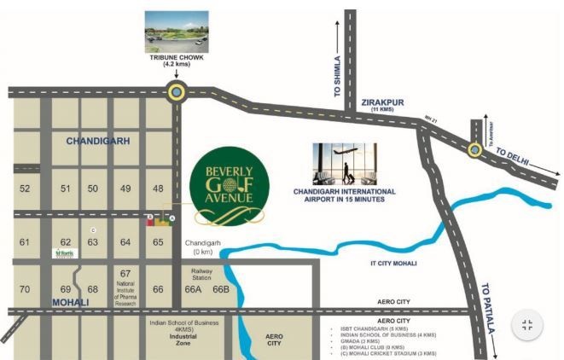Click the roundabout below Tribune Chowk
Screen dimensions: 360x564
[x=177, y=92]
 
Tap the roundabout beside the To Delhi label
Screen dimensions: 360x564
[x=474, y=149]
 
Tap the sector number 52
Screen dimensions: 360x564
[x=25, y=189]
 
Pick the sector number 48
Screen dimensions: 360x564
[x=158, y=189]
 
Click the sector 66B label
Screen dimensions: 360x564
[x=221, y=289]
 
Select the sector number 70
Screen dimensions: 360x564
[x=25, y=289]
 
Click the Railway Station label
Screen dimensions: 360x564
[x=201, y=273]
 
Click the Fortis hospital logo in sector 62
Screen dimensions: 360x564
[x=65, y=253]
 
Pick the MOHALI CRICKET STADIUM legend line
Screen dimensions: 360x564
[x=385, y=353]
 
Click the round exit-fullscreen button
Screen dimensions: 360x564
[x=526, y=325]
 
